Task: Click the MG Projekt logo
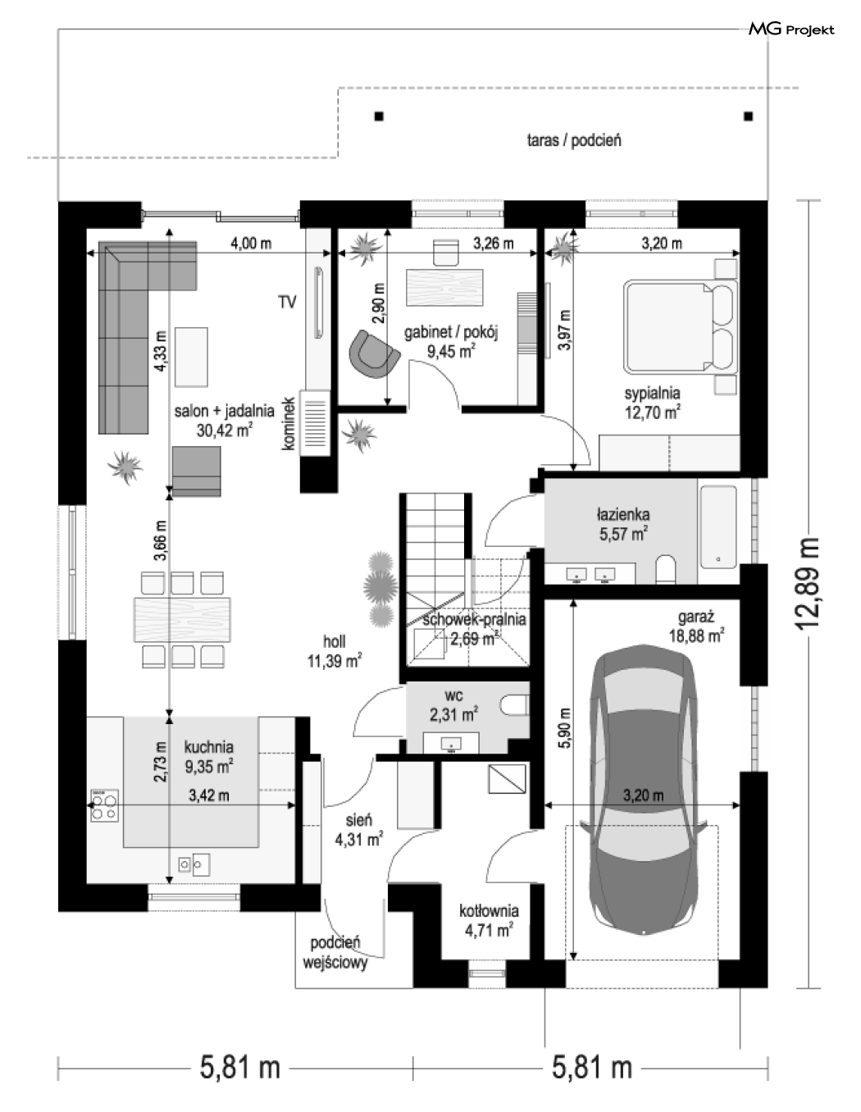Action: click(x=791, y=30)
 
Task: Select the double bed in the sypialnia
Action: click(x=680, y=326)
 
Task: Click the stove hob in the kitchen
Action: click(x=104, y=806)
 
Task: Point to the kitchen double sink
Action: click(x=194, y=864)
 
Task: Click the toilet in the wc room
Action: click(x=513, y=704)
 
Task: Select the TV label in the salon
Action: click(x=288, y=302)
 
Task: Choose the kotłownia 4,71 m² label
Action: click(x=489, y=921)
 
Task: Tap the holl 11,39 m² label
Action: click(x=334, y=651)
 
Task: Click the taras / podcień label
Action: click(x=574, y=140)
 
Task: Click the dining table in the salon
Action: click(x=181, y=619)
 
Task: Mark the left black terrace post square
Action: click(x=379, y=116)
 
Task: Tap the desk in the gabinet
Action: click(x=444, y=288)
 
